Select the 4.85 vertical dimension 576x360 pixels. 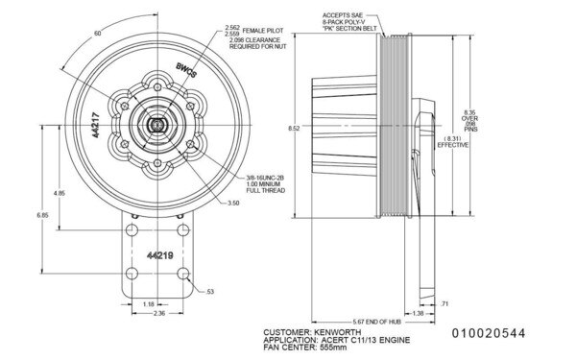click(x=60, y=193)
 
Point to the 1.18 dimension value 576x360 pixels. click(x=148, y=303)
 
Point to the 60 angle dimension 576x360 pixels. click(x=97, y=34)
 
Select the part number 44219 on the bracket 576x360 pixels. click(x=158, y=255)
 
